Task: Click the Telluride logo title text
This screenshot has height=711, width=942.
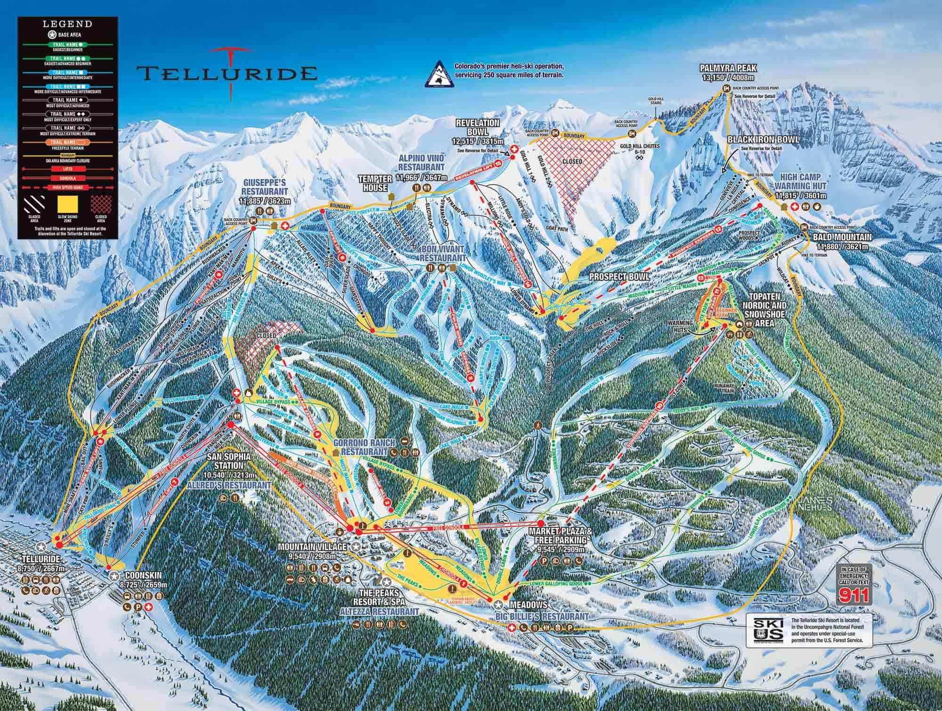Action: point(226,73)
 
